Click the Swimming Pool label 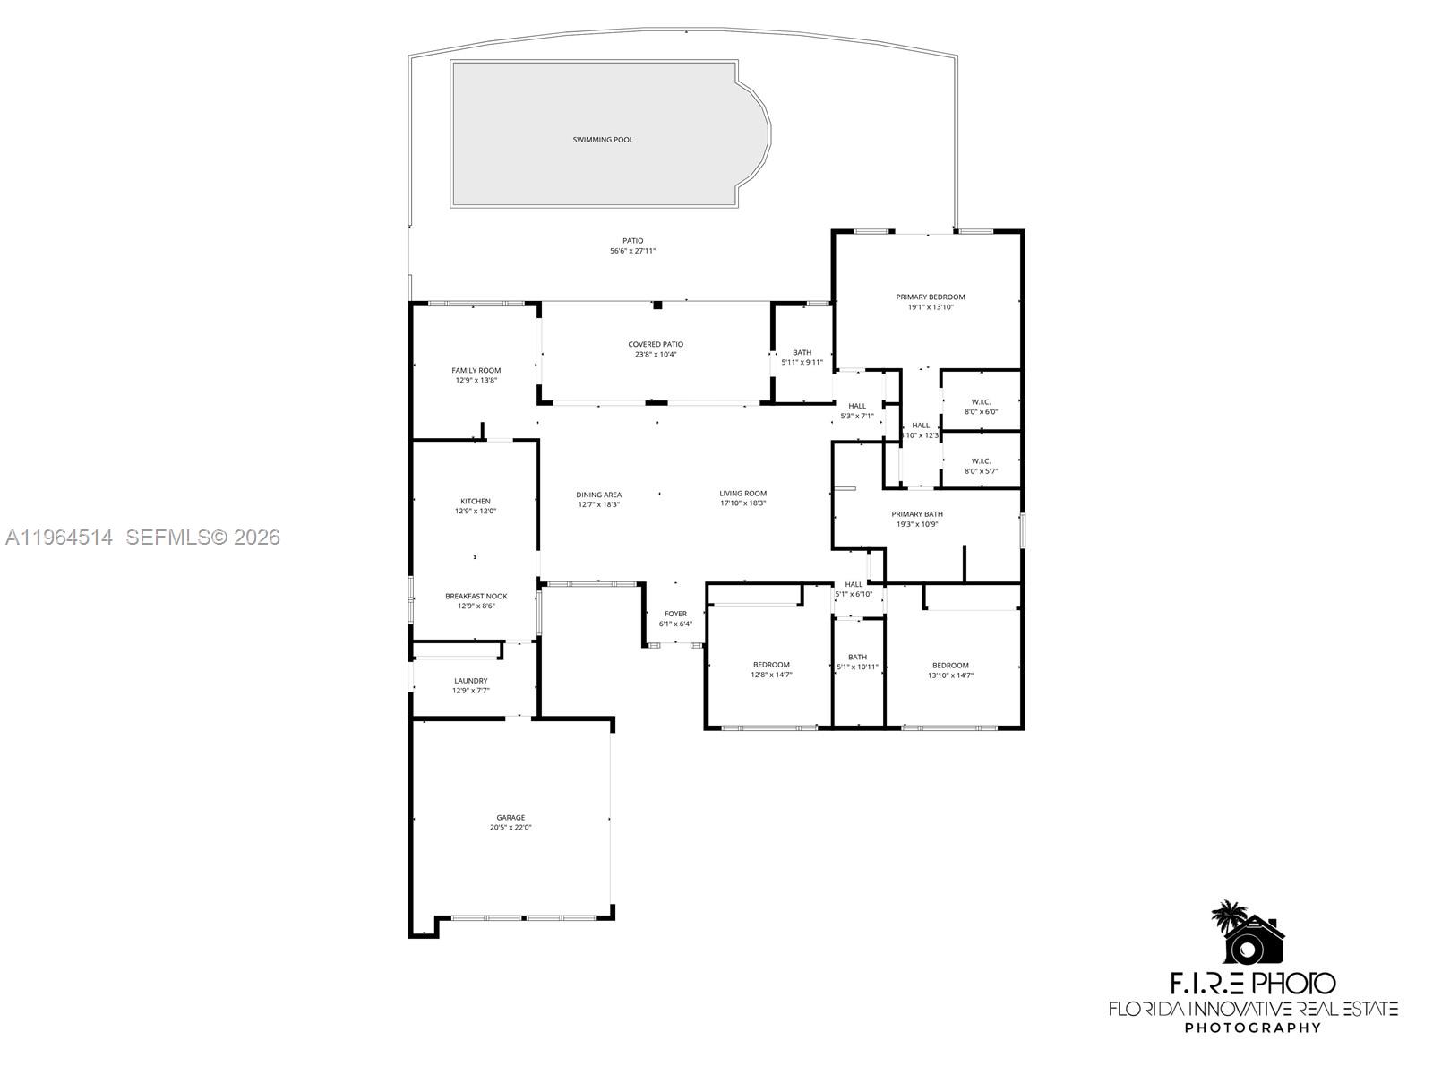603,140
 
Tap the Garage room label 511,818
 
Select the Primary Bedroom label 931,297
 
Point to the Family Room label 476,371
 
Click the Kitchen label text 476,502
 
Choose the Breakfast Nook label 476,597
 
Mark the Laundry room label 470,681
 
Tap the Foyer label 675,615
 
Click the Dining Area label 598,494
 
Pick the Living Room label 742,494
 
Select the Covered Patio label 656,345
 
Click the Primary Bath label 917,514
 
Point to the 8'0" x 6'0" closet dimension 981,412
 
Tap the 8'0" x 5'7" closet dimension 981,471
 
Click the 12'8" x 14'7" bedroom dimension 771,675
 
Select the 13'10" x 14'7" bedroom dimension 950,675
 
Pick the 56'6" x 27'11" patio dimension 633,251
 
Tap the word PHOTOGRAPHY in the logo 1252,1028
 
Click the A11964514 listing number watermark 59,537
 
